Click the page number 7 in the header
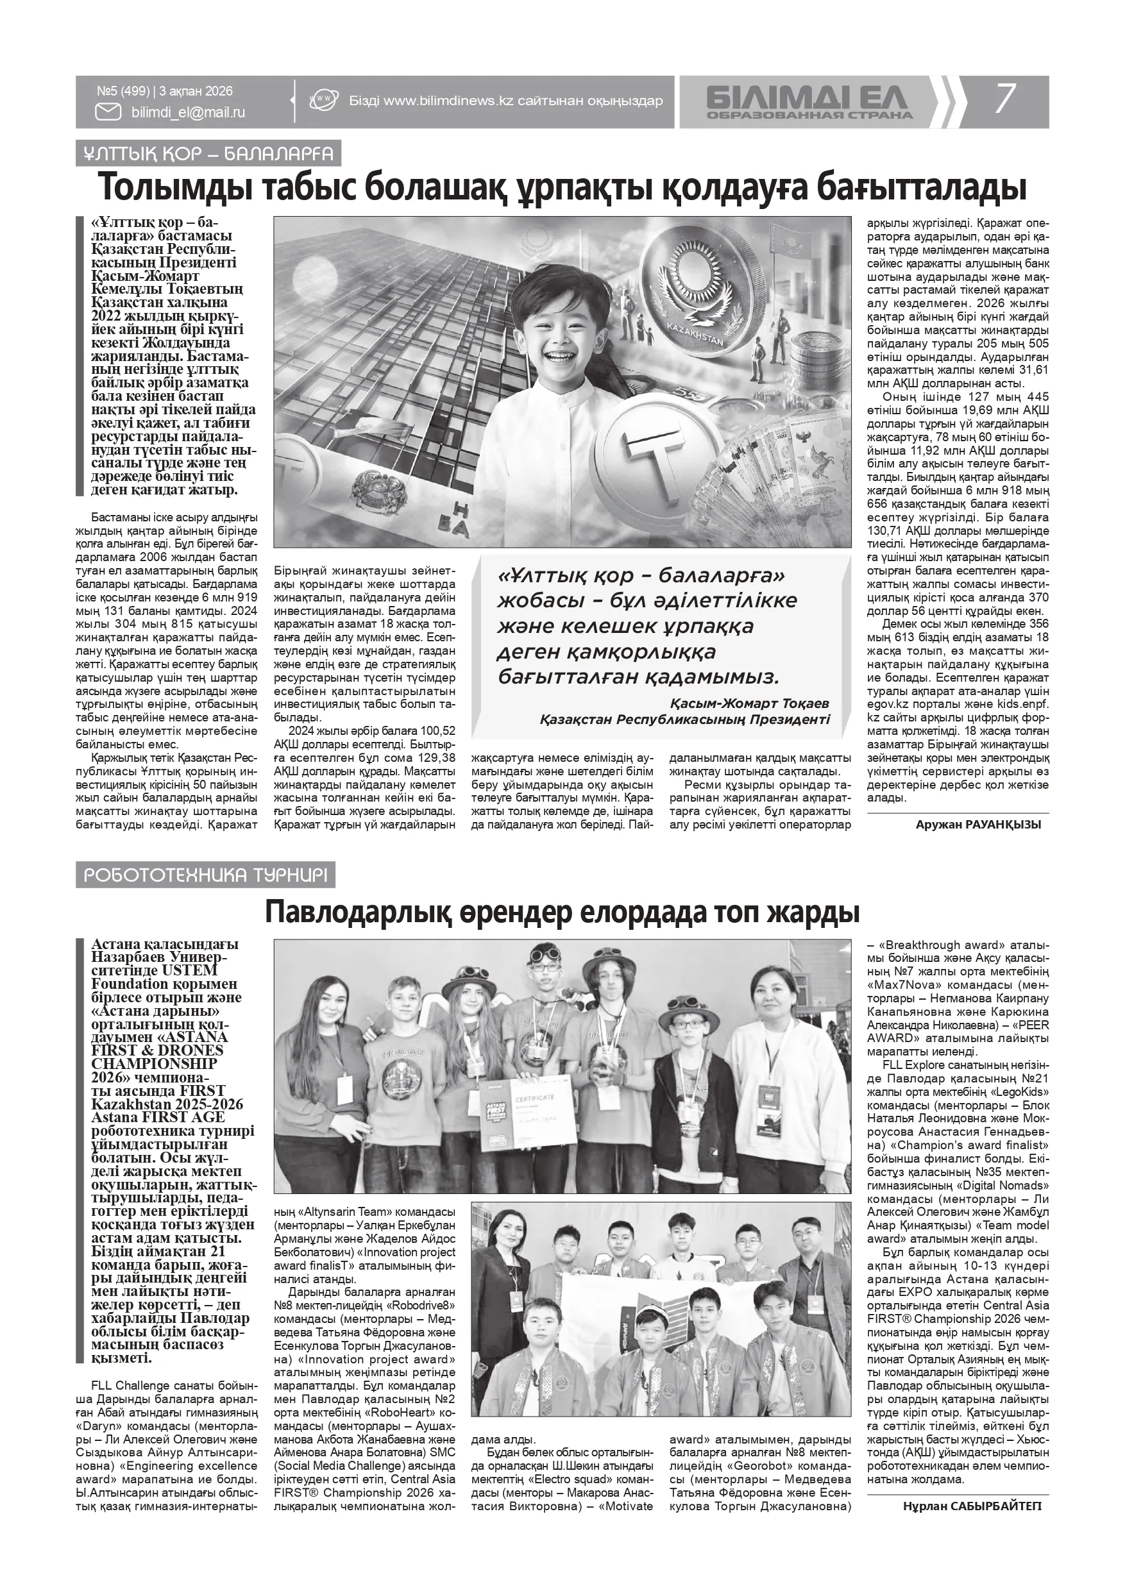(x=1005, y=98)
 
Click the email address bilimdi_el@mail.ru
(x=188, y=112)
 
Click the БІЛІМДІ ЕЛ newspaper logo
(x=809, y=102)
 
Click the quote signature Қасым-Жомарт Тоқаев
(x=749, y=703)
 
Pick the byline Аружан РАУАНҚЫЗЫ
(x=978, y=824)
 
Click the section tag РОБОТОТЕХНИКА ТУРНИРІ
(x=205, y=875)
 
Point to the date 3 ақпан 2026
(x=196, y=92)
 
